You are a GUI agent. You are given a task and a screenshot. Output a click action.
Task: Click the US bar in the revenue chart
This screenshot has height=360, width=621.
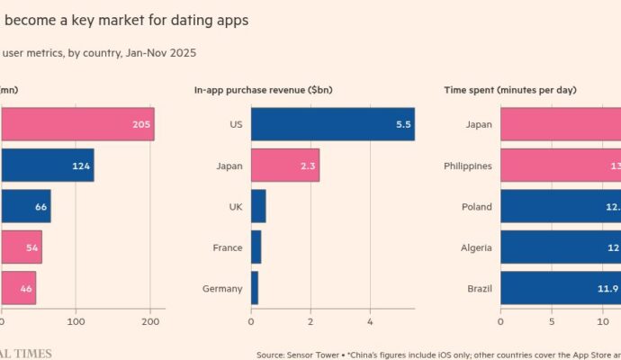coord(332,124)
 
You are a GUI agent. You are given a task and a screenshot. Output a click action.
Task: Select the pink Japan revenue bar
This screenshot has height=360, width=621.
coord(284,166)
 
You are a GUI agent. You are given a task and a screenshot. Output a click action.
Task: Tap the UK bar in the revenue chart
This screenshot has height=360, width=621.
coord(258,206)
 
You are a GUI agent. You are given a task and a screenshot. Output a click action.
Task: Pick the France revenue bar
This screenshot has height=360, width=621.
coord(256,247)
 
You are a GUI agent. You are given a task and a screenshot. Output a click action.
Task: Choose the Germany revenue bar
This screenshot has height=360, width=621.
coord(255,288)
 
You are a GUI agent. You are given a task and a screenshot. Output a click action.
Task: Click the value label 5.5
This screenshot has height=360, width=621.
coord(403,124)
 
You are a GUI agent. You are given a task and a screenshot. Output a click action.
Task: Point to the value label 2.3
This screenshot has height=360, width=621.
coord(308,166)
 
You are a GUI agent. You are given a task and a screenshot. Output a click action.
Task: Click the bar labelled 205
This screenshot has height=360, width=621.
coord(76,124)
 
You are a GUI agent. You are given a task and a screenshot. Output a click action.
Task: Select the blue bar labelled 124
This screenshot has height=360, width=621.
coord(47,166)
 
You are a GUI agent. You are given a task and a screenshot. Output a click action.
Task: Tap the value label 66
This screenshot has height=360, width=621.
coord(40,206)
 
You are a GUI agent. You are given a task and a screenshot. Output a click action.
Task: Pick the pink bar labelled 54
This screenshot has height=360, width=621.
coord(21,247)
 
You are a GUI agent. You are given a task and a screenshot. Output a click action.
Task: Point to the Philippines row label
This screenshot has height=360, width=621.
coord(468,166)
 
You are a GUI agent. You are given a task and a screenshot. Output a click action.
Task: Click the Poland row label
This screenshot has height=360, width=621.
coord(477,206)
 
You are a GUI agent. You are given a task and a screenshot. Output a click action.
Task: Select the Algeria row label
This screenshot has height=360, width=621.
coord(477,247)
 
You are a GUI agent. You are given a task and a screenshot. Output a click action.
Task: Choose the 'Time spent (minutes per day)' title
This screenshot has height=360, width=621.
coord(510,90)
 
